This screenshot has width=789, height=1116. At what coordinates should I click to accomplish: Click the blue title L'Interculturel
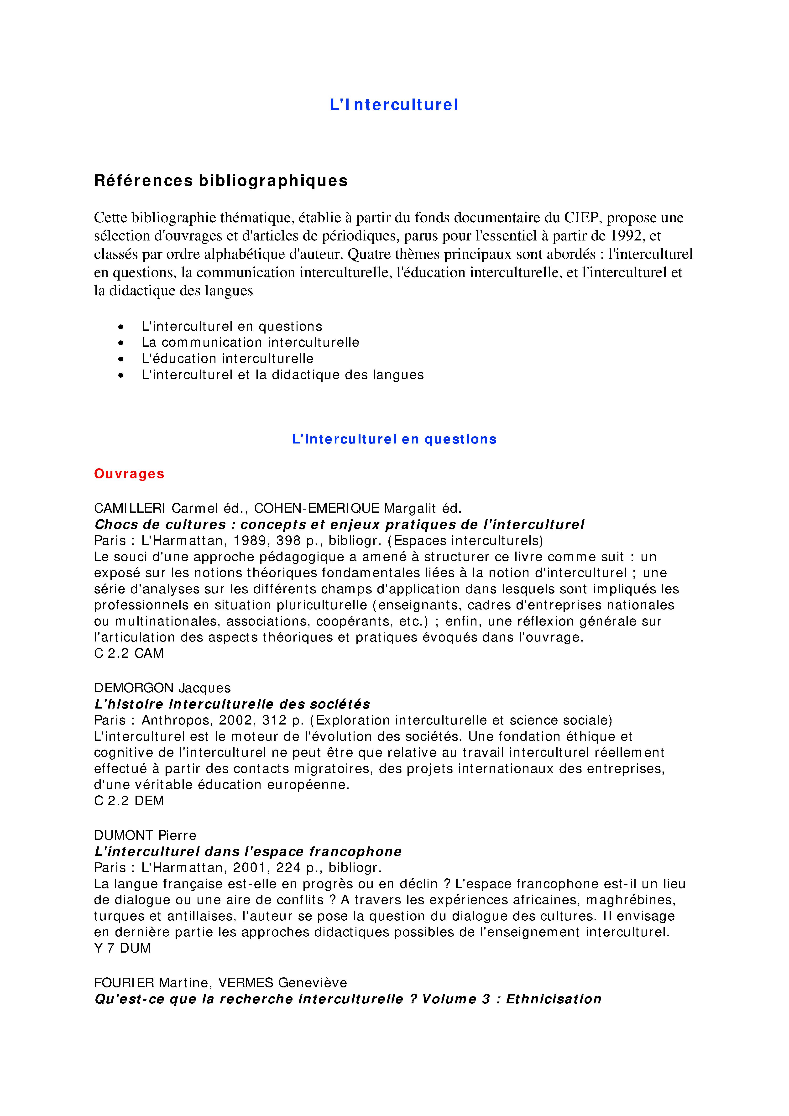(394, 105)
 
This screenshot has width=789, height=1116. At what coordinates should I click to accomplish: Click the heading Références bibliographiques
(221, 181)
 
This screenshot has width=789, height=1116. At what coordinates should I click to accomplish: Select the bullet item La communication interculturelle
(250, 343)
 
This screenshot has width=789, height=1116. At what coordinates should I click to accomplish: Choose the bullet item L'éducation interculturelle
(228, 359)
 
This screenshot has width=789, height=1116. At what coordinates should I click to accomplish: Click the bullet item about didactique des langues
(282, 375)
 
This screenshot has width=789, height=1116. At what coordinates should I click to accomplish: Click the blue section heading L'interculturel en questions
(394, 439)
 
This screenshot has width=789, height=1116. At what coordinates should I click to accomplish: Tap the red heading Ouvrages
(129, 474)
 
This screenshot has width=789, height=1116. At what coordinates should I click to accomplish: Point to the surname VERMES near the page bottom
(246, 983)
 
